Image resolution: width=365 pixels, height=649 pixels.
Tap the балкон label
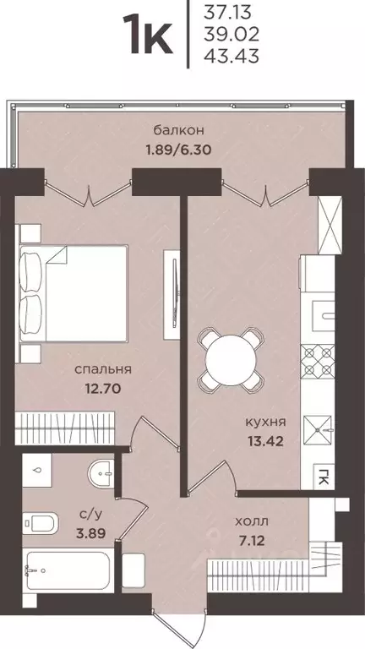178,130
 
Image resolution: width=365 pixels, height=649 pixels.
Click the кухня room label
264,420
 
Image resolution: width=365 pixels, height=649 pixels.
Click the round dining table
230,354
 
